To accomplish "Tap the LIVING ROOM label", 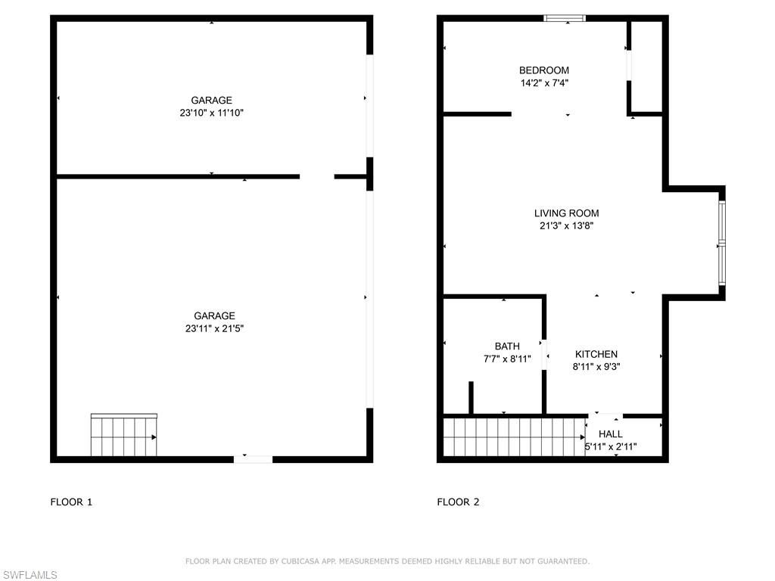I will click(x=566, y=213).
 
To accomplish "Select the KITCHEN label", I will click(x=596, y=354).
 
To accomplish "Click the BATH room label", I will click(x=507, y=346).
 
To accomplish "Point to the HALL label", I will click(x=611, y=434).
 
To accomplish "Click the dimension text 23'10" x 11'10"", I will click(x=211, y=113).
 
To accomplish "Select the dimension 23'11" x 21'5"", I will click(x=214, y=328).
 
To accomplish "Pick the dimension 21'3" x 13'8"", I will click(x=566, y=225).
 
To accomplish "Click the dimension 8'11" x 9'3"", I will click(x=596, y=366).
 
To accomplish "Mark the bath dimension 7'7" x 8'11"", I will click(x=507, y=359).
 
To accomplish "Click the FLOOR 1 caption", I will click(x=71, y=502).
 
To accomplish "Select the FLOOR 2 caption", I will click(x=458, y=502).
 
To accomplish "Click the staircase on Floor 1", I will click(x=123, y=437).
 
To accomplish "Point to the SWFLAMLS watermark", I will click(x=29, y=576).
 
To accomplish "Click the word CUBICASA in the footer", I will click(x=291, y=561).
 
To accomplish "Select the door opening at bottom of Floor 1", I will click(x=253, y=458).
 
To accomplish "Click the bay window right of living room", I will click(x=722, y=242).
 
